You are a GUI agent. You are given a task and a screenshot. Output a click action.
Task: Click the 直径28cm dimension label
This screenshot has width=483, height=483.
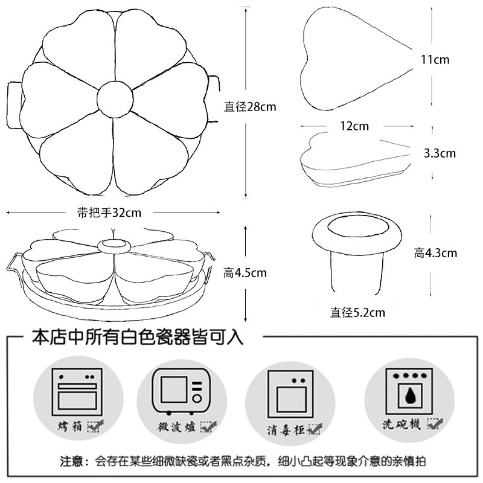click(250, 107)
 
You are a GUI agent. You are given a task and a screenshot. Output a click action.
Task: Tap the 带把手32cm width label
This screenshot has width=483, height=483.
click(109, 212)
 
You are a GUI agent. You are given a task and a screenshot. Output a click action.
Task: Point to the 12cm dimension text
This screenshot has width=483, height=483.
click(354, 126)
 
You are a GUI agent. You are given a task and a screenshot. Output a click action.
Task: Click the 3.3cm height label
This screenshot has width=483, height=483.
click(439, 153)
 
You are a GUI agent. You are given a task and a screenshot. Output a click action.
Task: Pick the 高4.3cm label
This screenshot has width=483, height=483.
click(435, 253)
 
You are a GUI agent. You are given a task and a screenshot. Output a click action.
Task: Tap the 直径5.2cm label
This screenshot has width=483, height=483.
click(357, 313)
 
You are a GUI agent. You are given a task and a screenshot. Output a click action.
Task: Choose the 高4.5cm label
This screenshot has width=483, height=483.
click(245, 273)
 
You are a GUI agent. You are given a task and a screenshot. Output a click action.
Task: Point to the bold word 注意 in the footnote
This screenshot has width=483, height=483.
click(74, 462)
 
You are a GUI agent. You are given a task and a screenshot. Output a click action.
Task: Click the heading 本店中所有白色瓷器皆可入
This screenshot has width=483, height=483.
click(138, 336)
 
